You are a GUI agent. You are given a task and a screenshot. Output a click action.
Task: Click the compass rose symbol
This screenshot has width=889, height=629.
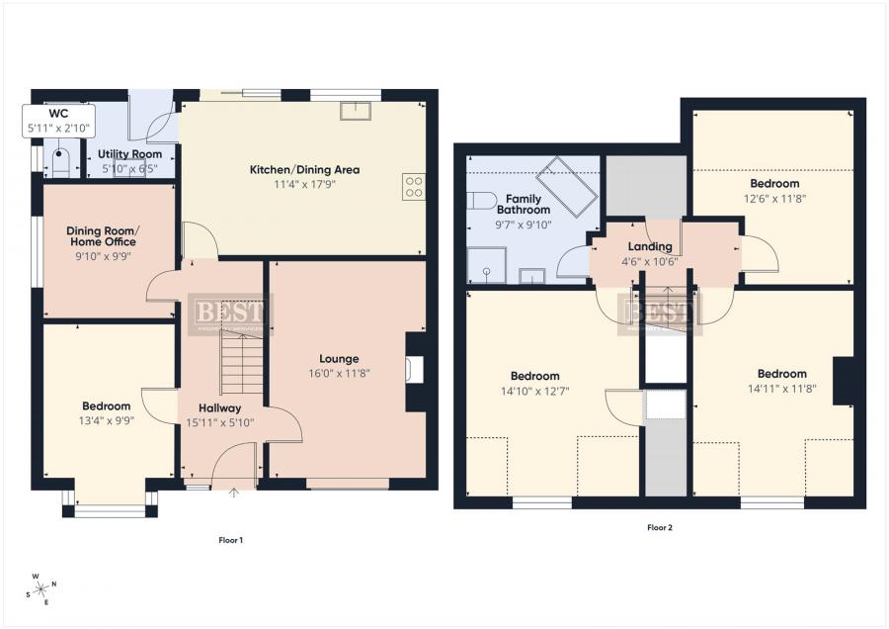pyautogui.click(x=42, y=590)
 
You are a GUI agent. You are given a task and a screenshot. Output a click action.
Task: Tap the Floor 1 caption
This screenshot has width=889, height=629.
pyautogui.click(x=230, y=540)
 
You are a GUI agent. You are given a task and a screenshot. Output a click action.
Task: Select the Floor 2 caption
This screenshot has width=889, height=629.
pyautogui.click(x=660, y=527)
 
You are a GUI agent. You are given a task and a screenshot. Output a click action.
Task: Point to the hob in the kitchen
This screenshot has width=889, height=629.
pyautogui.click(x=414, y=187)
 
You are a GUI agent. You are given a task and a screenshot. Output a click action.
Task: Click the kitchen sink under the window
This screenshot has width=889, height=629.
pyautogui.click(x=355, y=110)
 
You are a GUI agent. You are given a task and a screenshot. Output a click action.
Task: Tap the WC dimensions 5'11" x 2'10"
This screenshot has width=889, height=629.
pyautogui.click(x=59, y=128)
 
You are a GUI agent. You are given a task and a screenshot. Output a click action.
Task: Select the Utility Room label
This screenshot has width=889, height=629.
pyautogui.click(x=129, y=154)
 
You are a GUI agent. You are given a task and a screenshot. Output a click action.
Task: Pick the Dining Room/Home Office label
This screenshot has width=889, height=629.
pyautogui.click(x=102, y=235)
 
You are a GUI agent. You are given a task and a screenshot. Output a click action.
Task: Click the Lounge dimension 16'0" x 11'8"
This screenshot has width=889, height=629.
pyautogui.click(x=339, y=374)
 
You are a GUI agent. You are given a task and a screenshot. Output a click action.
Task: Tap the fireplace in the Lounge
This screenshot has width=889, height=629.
pyautogui.click(x=416, y=370)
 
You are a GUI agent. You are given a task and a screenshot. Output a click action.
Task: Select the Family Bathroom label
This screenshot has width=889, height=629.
pyautogui.click(x=524, y=204)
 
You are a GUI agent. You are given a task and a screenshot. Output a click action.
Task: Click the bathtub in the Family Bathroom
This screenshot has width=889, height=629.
pyautogui.click(x=566, y=185)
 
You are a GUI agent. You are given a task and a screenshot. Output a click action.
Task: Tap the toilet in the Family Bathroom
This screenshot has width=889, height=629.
pyautogui.click(x=481, y=200)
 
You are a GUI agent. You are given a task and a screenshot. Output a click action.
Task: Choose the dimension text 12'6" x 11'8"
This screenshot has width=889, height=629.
pyautogui.click(x=774, y=199)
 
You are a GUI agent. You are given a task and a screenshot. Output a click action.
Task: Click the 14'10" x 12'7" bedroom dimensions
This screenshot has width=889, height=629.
pyautogui.click(x=534, y=391)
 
